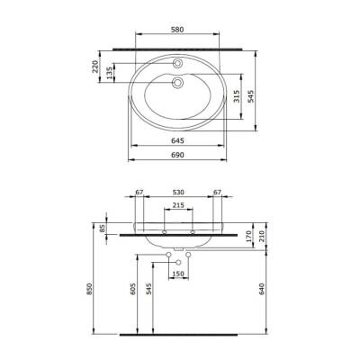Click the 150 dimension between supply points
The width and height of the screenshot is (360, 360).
coord(178,273)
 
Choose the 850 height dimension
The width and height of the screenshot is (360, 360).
coord(88,289)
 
